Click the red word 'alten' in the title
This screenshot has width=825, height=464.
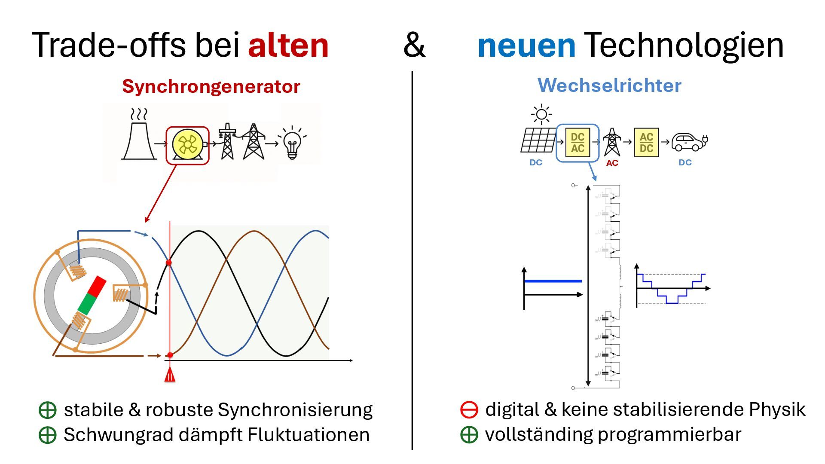click(288, 45)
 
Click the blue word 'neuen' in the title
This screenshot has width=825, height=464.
click(526, 45)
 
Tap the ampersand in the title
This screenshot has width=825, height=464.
click(414, 45)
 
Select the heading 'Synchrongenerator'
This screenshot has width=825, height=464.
click(211, 86)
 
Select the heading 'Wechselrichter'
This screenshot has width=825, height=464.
click(609, 85)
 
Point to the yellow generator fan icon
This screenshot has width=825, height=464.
click(188, 145)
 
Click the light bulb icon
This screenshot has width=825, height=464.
click(293, 143)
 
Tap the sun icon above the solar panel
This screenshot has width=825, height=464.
click(541, 114)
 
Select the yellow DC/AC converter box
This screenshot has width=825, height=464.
click(577, 143)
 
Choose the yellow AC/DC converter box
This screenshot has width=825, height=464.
click(646, 143)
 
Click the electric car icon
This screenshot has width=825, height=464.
click(689, 142)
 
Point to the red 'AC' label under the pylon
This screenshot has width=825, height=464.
click(612, 163)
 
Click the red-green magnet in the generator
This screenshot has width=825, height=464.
click(92, 295)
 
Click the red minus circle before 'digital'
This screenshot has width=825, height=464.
click(469, 409)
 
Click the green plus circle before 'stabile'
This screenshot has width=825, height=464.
click(47, 410)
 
